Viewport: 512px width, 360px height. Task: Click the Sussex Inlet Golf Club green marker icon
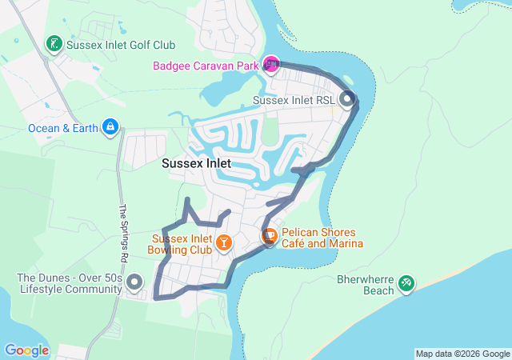coord(54,44)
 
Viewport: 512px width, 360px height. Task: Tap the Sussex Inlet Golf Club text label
coord(121,46)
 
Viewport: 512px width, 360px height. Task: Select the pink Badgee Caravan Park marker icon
coord(271,63)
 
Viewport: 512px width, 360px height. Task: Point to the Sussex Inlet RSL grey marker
coord(347,100)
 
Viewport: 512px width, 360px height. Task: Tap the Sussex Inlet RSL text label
coord(293,101)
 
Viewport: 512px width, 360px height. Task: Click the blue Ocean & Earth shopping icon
coord(110,126)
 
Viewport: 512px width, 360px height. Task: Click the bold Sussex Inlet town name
coord(196,163)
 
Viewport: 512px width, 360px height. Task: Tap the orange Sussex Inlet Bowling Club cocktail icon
coord(225,241)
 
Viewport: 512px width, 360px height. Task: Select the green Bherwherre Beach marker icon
coord(406,282)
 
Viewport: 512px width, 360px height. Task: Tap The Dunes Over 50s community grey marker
coord(134,282)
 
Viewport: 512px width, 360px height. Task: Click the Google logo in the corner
coord(26,350)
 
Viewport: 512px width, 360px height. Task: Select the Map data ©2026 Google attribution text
coord(462,354)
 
